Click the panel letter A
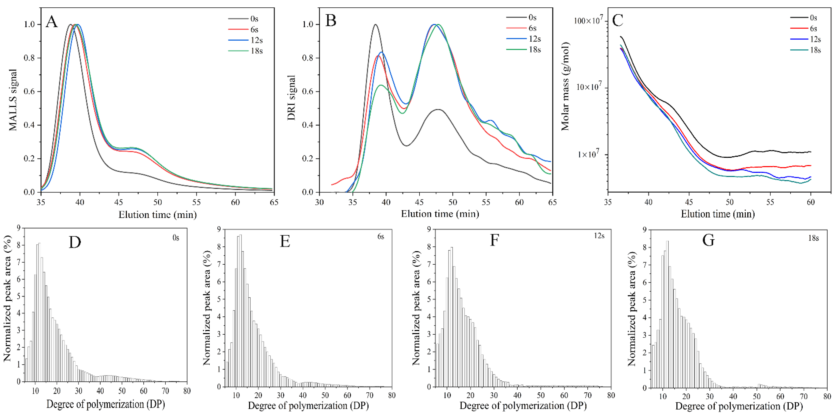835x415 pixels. [x=52, y=22]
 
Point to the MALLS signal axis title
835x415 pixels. [x=13, y=100]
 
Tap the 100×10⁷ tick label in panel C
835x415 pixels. [x=589, y=21]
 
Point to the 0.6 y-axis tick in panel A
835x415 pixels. [x=30, y=92]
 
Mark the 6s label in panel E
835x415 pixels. [x=381, y=237]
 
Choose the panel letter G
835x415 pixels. [x=709, y=240]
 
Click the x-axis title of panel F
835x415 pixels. [x=523, y=406]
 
